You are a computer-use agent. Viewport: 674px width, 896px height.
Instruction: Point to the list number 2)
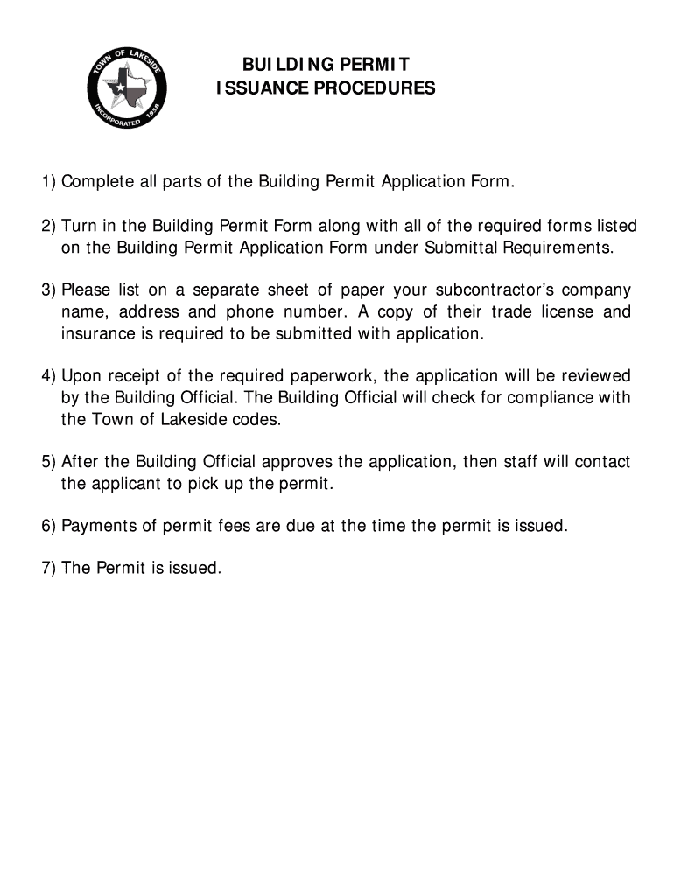49,227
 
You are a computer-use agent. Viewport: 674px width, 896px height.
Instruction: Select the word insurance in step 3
96,333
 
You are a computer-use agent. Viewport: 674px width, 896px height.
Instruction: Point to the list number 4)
49,376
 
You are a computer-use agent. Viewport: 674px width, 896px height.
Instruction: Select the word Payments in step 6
95,527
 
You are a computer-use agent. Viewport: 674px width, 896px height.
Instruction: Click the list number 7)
49,569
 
